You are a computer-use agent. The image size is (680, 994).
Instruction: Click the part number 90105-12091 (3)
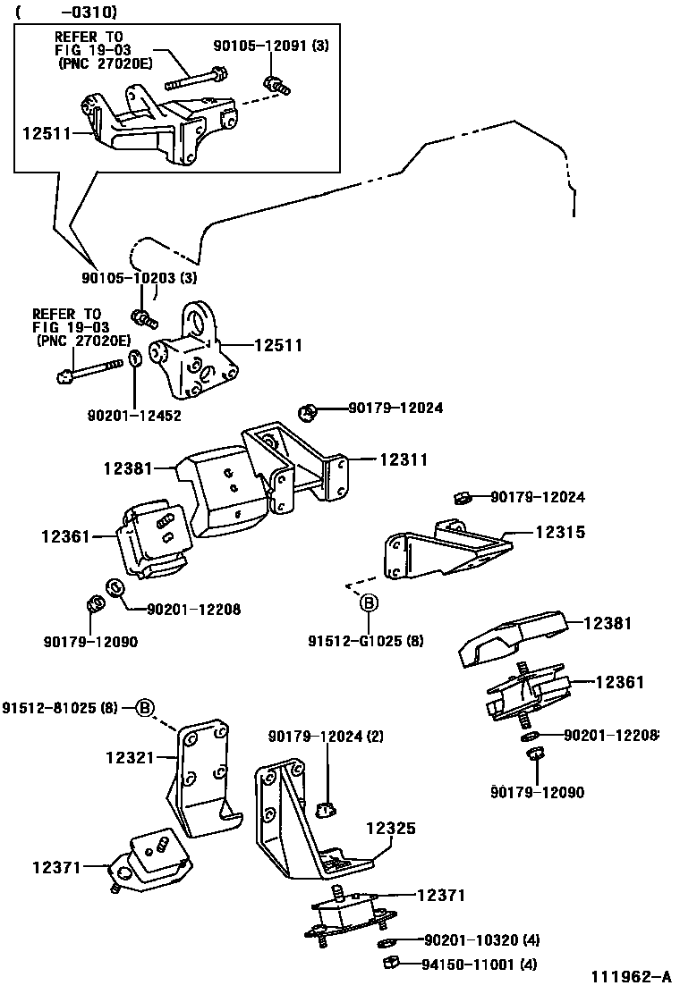(x=271, y=45)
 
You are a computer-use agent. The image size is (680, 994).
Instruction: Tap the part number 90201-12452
(x=134, y=415)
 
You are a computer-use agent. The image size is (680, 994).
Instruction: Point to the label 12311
(x=403, y=459)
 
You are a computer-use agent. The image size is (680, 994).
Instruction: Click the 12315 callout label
(x=560, y=532)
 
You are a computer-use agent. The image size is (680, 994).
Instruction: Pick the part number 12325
(x=390, y=829)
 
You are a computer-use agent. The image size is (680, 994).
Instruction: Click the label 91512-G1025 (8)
(x=366, y=641)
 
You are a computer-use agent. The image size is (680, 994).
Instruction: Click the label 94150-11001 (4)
(x=481, y=964)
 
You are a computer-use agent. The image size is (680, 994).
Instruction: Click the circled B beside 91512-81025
(x=147, y=709)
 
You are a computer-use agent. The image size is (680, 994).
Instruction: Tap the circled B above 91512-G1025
(x=368, y=605)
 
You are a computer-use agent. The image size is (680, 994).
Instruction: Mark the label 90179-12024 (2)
(x=326, y=736)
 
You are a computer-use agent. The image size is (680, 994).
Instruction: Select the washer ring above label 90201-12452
(x=134, y=359)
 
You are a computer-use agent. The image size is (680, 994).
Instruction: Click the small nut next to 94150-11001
(x=390, y=963)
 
